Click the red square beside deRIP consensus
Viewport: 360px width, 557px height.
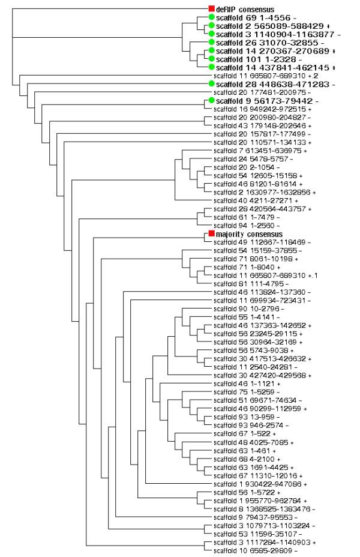point(211,9)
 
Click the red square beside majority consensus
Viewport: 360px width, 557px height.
point(211,233)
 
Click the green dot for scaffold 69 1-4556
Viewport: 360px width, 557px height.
point(211,17)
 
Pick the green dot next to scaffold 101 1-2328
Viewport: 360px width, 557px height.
point(211,59)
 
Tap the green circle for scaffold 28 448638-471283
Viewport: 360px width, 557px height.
point(211,85)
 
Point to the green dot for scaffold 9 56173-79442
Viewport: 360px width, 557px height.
point(211,101)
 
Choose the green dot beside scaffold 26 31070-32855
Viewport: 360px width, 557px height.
point(211,43)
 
